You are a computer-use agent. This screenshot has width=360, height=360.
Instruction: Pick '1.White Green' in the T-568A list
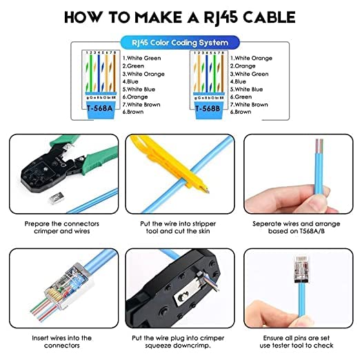tap(141, 58)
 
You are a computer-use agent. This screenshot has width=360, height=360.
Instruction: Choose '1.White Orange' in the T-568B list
tap(253, 58)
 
